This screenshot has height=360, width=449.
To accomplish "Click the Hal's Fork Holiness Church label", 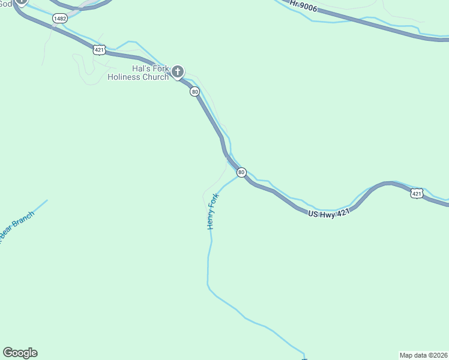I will point(138,73).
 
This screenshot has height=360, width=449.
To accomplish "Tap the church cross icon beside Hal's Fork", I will point(177,72).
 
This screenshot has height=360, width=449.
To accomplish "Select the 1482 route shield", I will point(59,19).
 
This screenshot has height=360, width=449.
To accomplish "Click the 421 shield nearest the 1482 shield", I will point(99,50).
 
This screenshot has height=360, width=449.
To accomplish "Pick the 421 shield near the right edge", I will point(417,193).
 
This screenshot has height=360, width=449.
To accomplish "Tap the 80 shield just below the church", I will point(194,91).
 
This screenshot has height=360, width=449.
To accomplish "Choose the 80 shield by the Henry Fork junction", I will point(241,172).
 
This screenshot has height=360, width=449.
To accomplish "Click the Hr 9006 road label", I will point(304,6).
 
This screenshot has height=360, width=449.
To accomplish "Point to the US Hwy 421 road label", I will point(329,213).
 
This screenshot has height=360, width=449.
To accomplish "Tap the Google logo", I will point(20,353).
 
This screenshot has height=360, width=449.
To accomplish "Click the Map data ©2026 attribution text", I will point(424,355).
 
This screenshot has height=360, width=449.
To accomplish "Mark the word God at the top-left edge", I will point(5,3).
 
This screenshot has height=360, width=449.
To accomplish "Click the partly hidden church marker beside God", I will point(22,2).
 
